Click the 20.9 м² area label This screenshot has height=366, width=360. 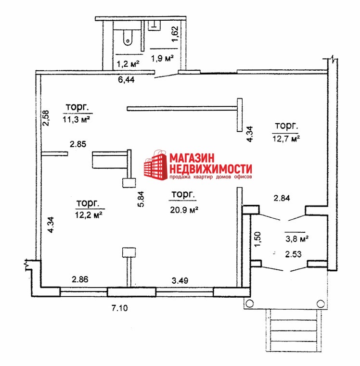[x=184, y=210]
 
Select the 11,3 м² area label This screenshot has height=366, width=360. [x=76, y=119]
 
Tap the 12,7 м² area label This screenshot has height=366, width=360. [x=286, y=139]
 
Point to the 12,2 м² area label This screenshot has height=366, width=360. [x=89, y=215]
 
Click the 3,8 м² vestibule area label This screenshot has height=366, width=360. [x=297, y=239]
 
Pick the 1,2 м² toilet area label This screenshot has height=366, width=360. [x=128, y=63]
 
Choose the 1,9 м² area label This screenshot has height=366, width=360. [x=162, y=58]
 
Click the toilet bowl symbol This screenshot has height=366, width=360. [x=128, y=38]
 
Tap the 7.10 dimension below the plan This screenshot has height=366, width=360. [x=120, y=308]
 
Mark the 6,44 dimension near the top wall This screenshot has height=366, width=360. [x=126, y=79]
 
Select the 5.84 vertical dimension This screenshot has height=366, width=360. [x=141, y=199]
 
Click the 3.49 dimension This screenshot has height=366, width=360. [x=180, y=280]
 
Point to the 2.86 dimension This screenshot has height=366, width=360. [x=80, y=279]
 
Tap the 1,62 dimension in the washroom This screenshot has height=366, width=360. [x=175, y=34]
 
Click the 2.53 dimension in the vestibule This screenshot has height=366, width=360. [x=293, y=254]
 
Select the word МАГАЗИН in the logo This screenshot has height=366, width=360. [x=192, y=158]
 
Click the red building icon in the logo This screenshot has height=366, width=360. [x=155, y=165]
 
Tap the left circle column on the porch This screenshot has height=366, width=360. [x=250, y=303]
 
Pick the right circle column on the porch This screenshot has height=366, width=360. [x=321, y=303]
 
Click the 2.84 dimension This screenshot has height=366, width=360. [x=282, y=198]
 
